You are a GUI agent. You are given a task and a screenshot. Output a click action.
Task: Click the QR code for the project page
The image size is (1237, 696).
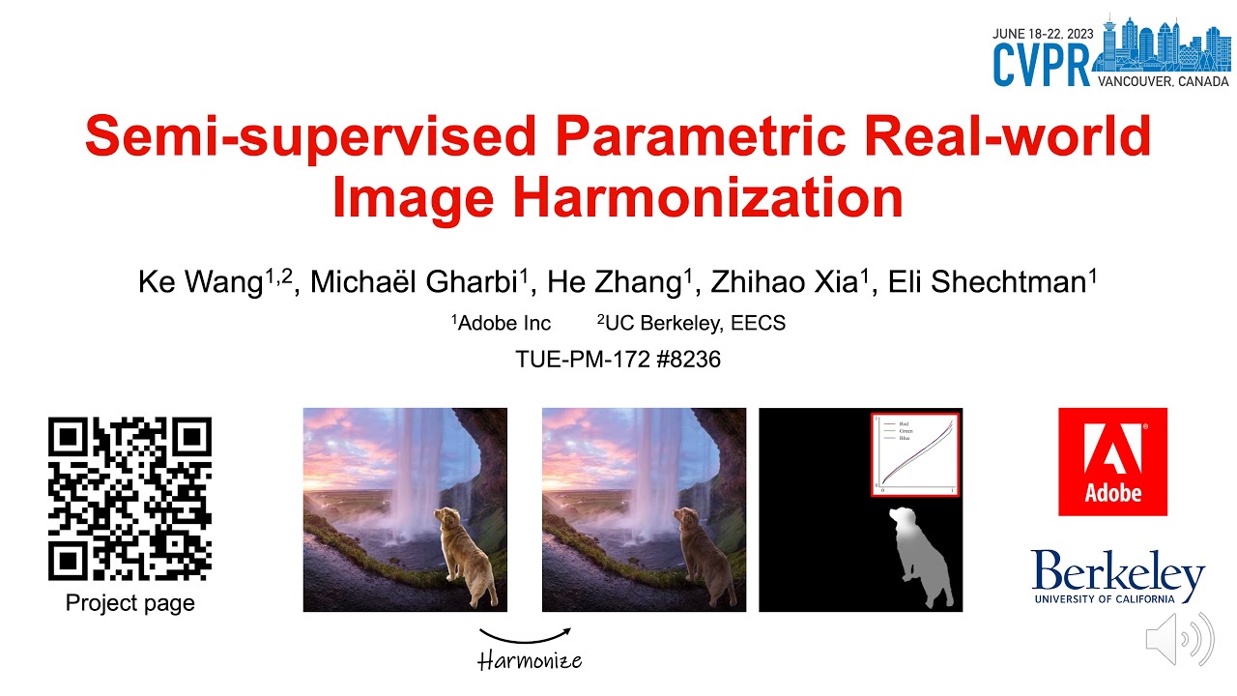point(129,500)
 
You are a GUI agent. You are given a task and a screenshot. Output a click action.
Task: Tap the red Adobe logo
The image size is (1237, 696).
point(1112,461)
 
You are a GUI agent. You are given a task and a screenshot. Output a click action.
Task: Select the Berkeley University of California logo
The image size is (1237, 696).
point(1117,576)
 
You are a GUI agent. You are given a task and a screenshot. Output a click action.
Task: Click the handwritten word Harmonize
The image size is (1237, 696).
point(531,661)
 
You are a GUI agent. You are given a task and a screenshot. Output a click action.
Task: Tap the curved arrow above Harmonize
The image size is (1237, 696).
point(526,635)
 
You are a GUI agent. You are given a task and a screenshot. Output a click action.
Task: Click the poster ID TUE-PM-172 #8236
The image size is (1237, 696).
point(618,360)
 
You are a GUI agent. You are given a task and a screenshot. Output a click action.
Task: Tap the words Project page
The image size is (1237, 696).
point(129,603)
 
